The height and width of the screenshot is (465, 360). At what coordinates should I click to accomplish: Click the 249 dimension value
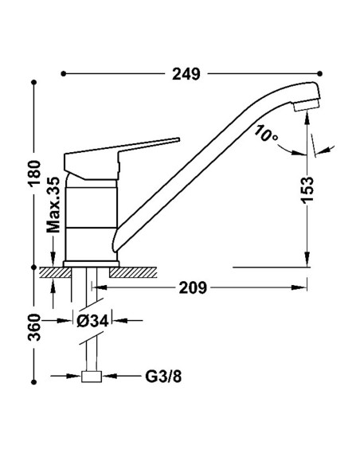click(x=186, y=74)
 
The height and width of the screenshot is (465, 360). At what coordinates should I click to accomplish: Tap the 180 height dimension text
click(x=34, y=174)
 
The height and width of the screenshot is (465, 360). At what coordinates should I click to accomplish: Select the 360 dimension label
click(x=34, y=327)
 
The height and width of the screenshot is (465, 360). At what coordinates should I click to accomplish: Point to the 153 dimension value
click(x=307, y=190)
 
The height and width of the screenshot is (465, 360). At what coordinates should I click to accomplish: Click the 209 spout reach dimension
click(x=193, y=287)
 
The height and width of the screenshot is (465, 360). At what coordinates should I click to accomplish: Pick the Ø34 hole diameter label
click(x=92, y=321)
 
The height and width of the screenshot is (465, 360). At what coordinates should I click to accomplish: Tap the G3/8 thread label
click(x=163, y=377)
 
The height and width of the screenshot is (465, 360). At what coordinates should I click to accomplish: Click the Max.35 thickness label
click(x=54, y=205)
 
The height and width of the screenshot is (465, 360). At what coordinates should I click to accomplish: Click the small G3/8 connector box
click(x=92, y=377)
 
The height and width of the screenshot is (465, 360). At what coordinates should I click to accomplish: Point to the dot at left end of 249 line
click(x=63, y=73)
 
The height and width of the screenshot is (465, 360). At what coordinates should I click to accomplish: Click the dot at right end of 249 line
click(x=319, y=73)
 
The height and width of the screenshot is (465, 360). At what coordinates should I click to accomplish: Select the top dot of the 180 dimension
click(x=34, y=82)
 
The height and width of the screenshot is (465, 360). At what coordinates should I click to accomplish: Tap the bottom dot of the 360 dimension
click(x=34, y=382)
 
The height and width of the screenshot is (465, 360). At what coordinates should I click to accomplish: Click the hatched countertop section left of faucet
click(x=55, y=272)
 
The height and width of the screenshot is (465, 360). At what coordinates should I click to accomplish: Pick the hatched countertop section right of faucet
click(x=133, y=272)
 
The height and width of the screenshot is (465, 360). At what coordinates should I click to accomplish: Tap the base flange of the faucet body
click(x=91, y=264)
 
